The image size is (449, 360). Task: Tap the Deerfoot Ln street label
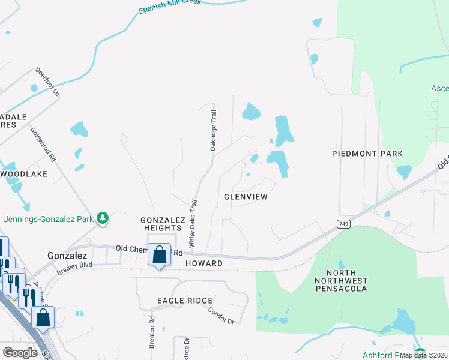pos(47,82)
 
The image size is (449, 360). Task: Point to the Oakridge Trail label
pos(212,130)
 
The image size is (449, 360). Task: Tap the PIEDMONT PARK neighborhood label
pos(367,154)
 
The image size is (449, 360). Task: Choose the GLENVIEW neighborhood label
pos(245,196)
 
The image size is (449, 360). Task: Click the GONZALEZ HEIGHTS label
pos(162,224)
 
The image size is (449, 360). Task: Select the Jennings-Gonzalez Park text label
pos(50,219)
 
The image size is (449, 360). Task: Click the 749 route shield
pos(342,223)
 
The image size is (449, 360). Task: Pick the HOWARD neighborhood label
pos(203,263)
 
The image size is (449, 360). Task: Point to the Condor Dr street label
pos(221,316)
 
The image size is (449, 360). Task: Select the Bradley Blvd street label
pos(74,268)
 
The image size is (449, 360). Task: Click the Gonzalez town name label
pos(68,255)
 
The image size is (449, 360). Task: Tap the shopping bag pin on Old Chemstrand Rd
pos(159,255)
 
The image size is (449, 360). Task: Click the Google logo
pos(20,352)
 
